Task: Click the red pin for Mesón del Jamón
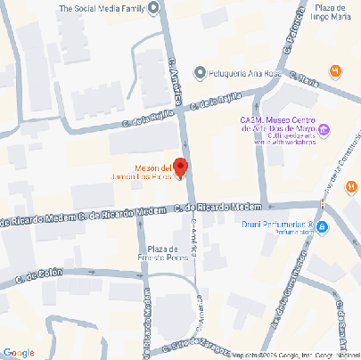pyautogui.click(x=179, y=167)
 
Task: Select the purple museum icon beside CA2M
pyautogui.click(x=324, y=129)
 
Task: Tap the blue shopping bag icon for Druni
pyautogui.click(x=323, y=227)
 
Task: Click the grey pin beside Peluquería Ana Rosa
pyautogui.click(x=201, y=73)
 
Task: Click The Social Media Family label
pyautogui.click(x=101, y=9)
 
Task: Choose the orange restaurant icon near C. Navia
pyautogui.click(x=335, y=70)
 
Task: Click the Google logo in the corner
pyautogui.click(x=18, y=353)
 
